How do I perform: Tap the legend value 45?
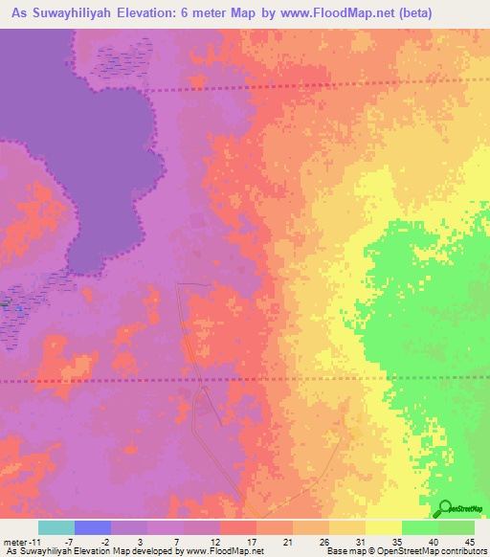pyautogui.click(x=470, y=543)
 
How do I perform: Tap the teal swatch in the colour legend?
pyautogui.click(x=56, y=527)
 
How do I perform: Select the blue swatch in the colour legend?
pyautogui.click(x=93, y=527)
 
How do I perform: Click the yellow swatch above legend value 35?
pyautogui.click(x=384, y=527)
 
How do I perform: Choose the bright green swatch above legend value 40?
pyautogui.click(x=420, y=527)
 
